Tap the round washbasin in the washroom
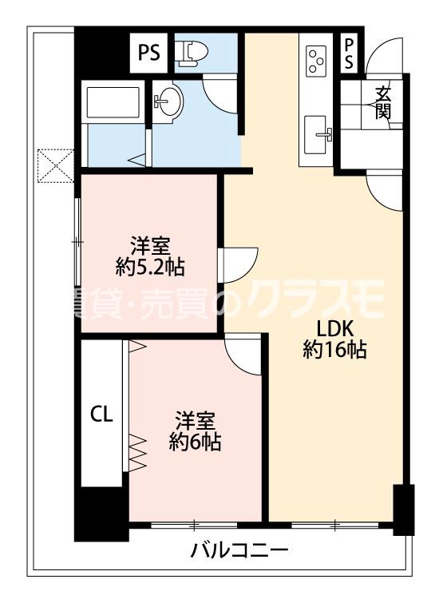168,102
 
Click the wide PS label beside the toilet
148,52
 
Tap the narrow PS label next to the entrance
349,54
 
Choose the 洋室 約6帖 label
195,430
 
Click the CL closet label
101,414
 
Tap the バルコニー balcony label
239,551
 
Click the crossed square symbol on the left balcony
55,165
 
